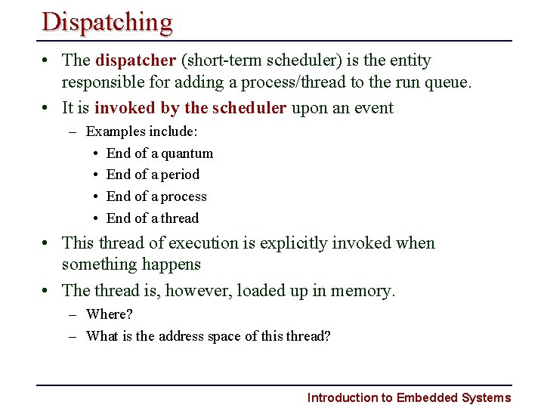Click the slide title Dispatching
(x=107, y=22)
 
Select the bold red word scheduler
(x=249, y=108)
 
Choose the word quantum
(x=187, y=153)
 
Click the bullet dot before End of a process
(x=97, y=196)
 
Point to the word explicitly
(x=290, y=243)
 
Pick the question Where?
(x=110, y=314)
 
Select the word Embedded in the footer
(x=426, y=397)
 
